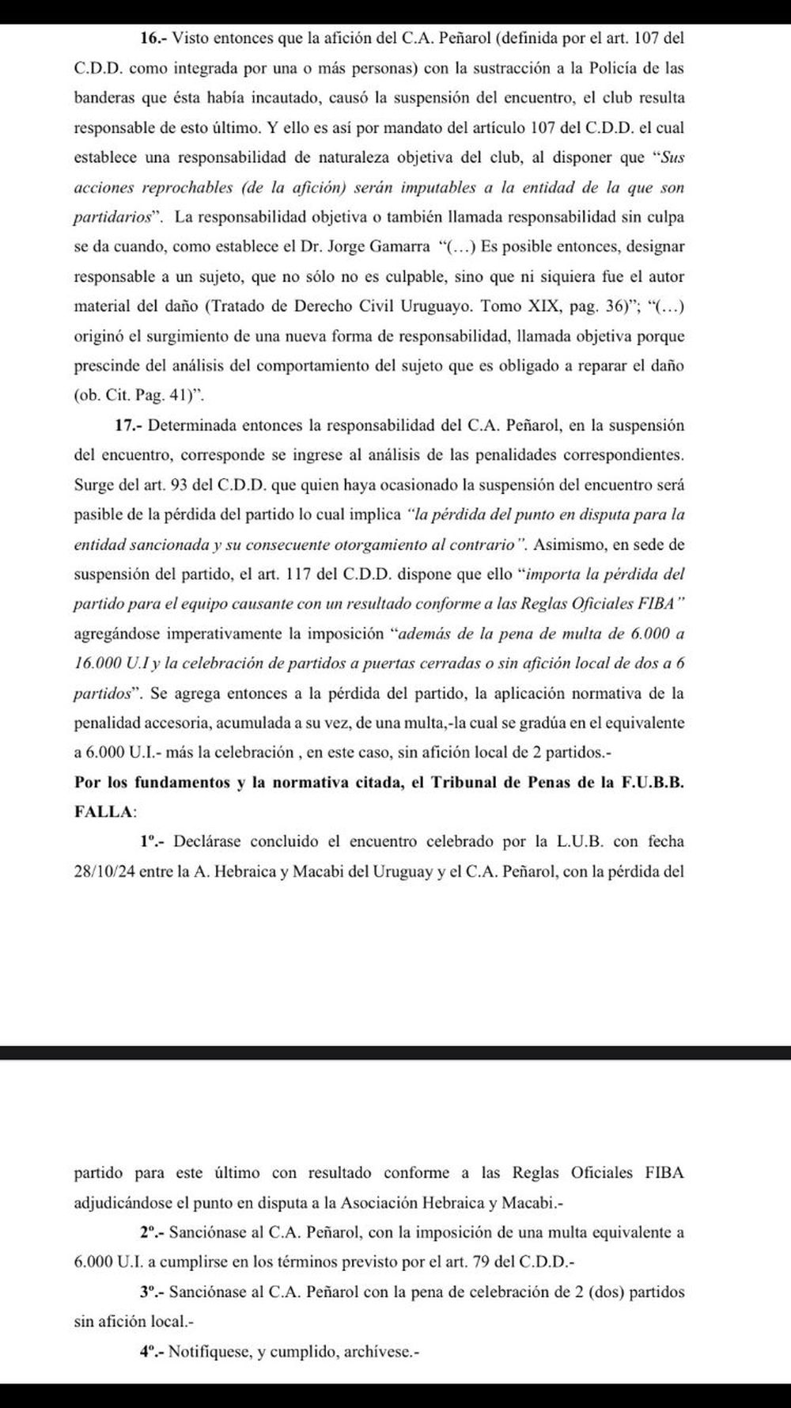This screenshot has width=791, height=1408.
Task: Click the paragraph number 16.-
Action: point(153,38)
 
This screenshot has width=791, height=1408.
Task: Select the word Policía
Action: point(618,68)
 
